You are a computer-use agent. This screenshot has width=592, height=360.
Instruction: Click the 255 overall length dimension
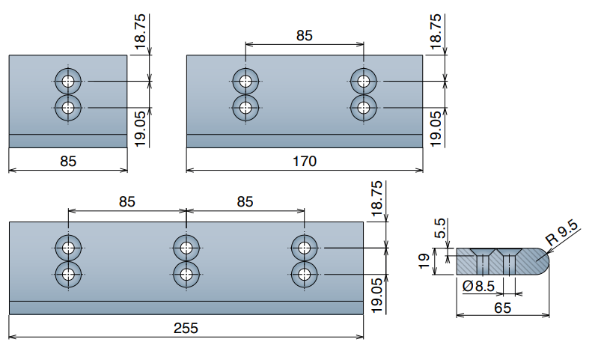[186, 328]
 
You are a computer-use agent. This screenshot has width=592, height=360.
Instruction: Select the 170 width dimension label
[305, 162]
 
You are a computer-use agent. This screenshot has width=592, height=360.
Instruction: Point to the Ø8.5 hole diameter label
[478, 286]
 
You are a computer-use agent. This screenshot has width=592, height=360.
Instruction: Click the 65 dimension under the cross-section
[502, 308]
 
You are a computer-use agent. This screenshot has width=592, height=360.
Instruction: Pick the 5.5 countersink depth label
[440, 228]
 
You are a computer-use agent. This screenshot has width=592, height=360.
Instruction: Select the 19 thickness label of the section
[424, 261]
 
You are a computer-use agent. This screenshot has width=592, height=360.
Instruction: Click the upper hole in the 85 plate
[68, 82]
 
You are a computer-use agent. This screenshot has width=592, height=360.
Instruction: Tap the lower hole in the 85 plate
[68, 108]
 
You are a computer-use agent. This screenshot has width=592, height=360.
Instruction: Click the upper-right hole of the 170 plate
[364, 82]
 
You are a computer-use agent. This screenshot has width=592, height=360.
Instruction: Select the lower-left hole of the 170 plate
[245, 108]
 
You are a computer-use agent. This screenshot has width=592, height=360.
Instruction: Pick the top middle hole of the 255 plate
[186, 248]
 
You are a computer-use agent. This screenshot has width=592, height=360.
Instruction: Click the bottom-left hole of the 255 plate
[68, 275]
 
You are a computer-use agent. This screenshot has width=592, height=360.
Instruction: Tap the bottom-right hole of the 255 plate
[305, 275]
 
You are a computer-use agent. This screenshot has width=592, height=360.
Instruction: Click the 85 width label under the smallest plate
[68, 162]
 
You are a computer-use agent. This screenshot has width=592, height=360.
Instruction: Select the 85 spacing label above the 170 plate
[305, 35]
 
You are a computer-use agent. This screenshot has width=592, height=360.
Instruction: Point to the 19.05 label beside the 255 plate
[377, 296]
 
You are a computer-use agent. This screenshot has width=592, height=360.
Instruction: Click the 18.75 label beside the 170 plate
[436, 31]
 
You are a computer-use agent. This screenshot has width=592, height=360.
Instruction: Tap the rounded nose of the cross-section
[543, 261]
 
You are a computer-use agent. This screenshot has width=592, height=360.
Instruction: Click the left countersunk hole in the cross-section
[483, 261]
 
